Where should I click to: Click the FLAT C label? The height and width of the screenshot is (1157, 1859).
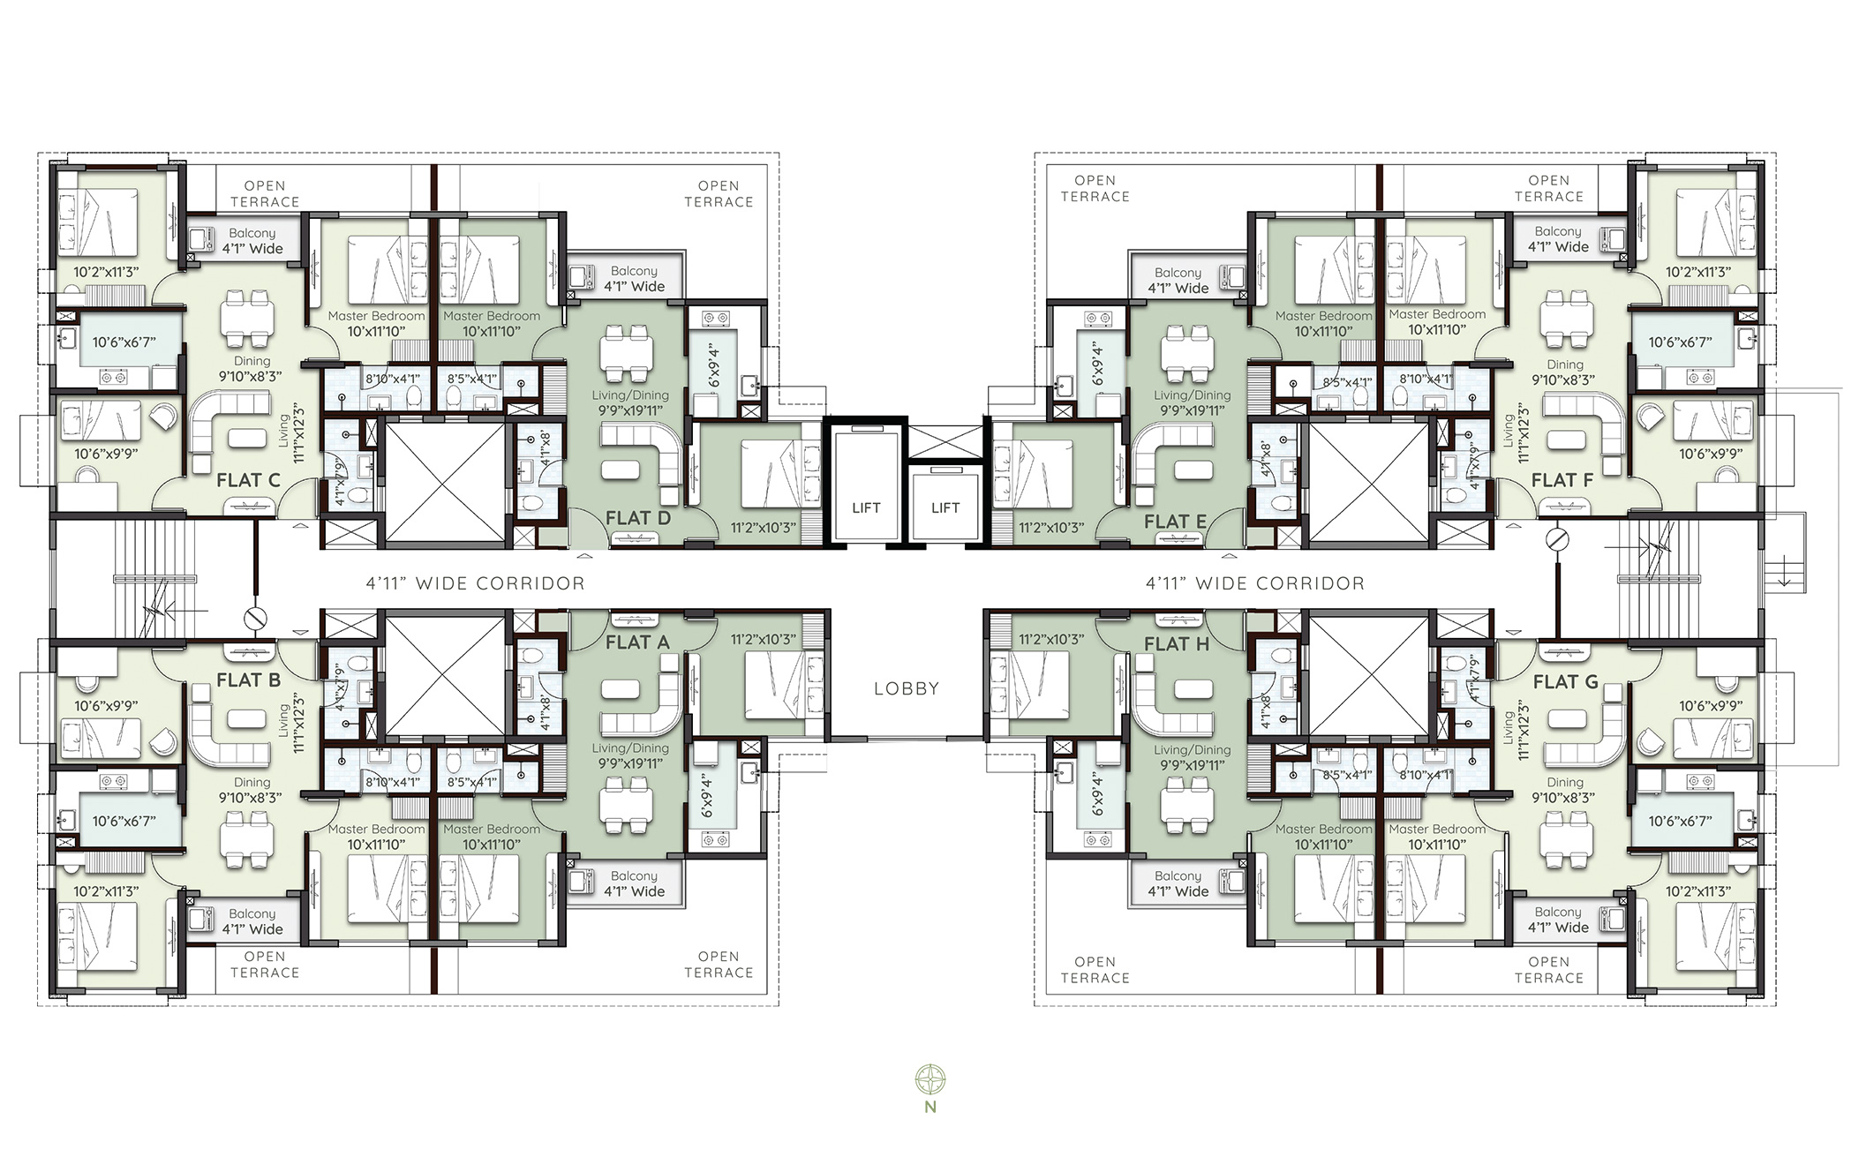[x=248, y=481]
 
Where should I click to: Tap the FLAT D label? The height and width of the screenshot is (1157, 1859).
[x=637, y=519]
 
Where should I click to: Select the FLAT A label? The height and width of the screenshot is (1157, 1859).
[x=636, y=642]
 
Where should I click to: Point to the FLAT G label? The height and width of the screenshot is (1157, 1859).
[x=1565, y=682]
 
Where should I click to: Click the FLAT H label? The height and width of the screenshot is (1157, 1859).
[x=1176, y=644]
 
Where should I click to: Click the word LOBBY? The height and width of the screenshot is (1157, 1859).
[x=906, y=689]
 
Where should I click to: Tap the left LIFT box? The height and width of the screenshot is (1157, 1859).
[x=865, y=507]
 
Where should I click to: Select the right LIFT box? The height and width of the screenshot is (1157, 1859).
[x=945, y=507]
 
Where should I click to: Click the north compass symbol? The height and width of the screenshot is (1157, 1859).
[x=929, y=1078]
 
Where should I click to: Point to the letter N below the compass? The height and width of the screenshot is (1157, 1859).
[x=929, y=1108]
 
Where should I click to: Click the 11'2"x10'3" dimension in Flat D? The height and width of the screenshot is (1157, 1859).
[x=763, y=528]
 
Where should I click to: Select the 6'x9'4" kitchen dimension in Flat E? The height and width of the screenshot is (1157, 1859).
[x=1098, y=364]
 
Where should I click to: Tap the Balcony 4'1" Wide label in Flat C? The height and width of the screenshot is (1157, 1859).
[x=252, y=242]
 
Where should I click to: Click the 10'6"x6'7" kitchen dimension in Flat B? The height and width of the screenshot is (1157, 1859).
[x=124, y=821]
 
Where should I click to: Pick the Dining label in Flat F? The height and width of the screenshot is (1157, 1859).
[x=1564, y=364]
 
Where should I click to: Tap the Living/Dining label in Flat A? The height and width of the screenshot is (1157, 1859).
[x=629, y=748]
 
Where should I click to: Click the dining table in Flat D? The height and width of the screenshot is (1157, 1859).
[x=626, y=352]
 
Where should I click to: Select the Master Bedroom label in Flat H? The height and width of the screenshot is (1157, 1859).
[x=1323, y=829]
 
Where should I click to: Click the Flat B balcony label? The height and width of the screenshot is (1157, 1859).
[x=252, y=921]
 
